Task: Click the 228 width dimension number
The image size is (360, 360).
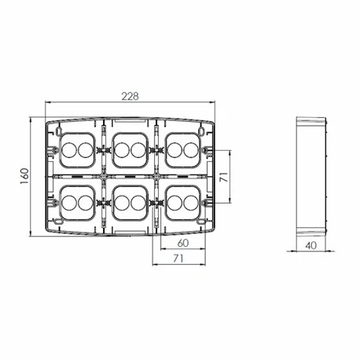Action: tap(130, 96)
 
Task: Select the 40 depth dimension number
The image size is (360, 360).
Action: tap(310, 246)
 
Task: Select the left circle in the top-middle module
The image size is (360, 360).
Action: tap(123, 148)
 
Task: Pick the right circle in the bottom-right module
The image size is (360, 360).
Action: tap(192, 203)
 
